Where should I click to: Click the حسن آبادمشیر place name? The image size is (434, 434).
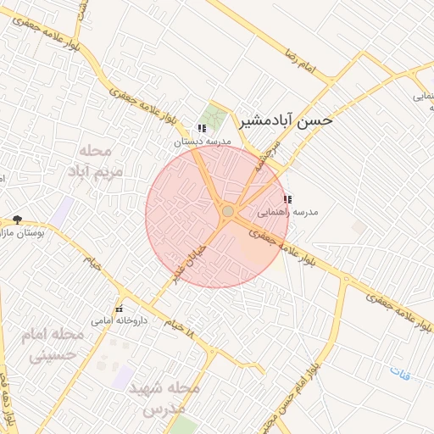(286, 121)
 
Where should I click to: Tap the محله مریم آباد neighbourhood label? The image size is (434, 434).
(100, 161)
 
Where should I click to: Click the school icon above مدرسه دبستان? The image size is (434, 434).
(201, 129)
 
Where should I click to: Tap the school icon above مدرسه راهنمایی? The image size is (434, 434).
(287, 200)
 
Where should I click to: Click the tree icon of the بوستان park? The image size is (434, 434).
(17, 220)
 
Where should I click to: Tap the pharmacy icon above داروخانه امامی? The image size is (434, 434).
(119, 308)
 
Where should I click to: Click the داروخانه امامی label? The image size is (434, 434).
(120, 321)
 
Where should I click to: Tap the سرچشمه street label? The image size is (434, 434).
(268, 157)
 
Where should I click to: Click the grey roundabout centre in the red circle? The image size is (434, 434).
(227, 211)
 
